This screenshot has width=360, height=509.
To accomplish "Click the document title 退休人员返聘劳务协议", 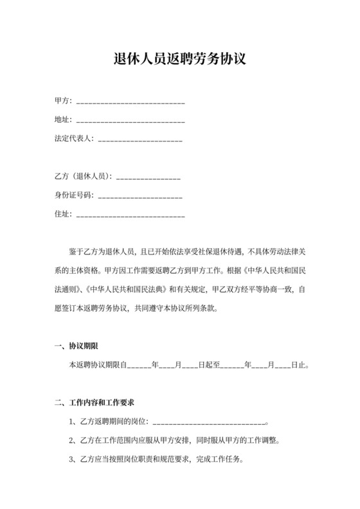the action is tap(179, 59).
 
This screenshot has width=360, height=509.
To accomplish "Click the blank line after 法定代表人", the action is tap(139, 139).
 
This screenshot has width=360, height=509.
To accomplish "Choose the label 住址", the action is tap(62, 213).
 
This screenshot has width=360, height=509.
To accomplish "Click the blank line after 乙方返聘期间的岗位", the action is tap(209, 422).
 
